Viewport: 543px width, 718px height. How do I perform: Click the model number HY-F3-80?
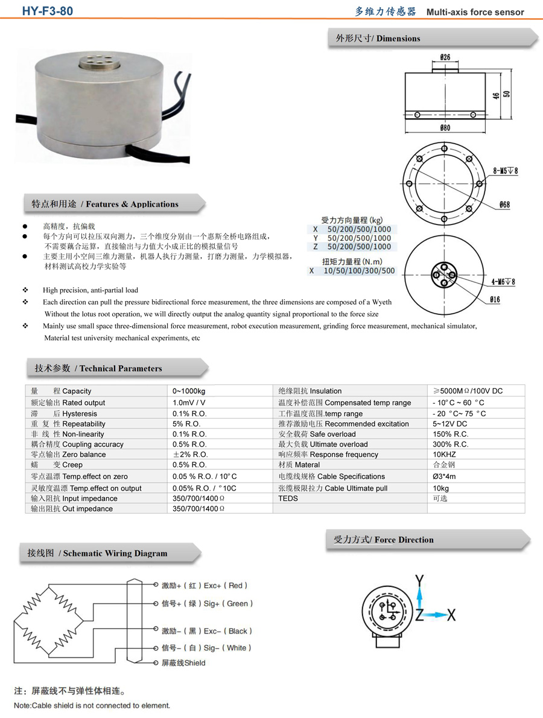48,10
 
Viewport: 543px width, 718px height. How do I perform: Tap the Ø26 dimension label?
445,58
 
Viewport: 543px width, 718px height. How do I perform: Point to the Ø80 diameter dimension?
445,127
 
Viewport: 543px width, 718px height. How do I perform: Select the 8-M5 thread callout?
505,171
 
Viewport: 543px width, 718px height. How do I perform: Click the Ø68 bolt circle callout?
504,205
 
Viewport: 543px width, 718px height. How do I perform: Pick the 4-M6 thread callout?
503,281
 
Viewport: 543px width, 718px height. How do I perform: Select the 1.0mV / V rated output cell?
189,402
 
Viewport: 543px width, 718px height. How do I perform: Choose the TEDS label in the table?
288,498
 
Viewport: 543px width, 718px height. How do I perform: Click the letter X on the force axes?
451,615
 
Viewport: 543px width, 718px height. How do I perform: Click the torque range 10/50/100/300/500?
359,271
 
